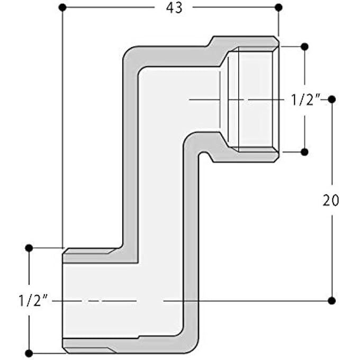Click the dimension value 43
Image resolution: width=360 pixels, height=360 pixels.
point(174,7)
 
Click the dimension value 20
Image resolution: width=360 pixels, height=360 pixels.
point(331,200)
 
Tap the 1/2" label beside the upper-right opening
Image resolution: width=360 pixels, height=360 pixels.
point(305,100)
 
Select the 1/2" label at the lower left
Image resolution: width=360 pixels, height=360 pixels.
point(33,301)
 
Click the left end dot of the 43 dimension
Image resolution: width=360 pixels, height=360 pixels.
point(62,7)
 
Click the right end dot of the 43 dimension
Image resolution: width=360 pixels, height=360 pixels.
point(278,7)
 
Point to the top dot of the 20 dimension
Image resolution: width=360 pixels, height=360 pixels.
point(332,100)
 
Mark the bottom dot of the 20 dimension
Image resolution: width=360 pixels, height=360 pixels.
point(332,301)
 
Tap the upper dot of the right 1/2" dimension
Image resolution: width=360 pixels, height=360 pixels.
point(304,47)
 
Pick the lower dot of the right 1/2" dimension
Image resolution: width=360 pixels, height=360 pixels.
point(304,152)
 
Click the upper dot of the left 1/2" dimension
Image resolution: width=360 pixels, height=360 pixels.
point(29,248)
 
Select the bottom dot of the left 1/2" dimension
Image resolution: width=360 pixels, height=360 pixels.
point(29,353)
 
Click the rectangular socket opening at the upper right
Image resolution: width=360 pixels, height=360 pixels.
point(254,99)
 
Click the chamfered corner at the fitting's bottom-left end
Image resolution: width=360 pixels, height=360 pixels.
point(65,351)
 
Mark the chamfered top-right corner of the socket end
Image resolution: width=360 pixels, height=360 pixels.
point(277,39)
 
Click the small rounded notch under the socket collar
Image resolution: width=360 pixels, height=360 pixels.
point(203,154)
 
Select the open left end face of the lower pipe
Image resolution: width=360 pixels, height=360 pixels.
point(62,301)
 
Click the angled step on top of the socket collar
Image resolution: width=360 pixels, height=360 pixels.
point(210,41)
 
